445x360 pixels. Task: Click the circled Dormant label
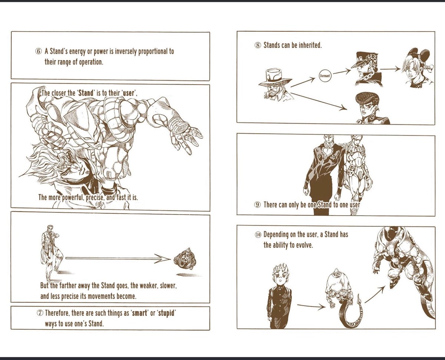pyautogui.click(x=325, y=76)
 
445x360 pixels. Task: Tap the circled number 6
pyautogui.click(x=39, y=52)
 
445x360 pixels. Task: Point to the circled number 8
pyautogui.click(x=258, y=45)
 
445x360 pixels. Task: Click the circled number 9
pyautogui.click(x=258, y=204)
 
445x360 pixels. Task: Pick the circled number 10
pyautogui.click(x=258, y=235)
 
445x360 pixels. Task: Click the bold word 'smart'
pyautogui.click(x=139, y=313)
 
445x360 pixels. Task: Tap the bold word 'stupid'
pyautogui.click(x=166, y=313)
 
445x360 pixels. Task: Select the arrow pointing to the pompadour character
pyautogui.click(x=319, y=101)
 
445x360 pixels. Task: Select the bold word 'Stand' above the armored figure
pyautogui.click(x=86, y=93)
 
